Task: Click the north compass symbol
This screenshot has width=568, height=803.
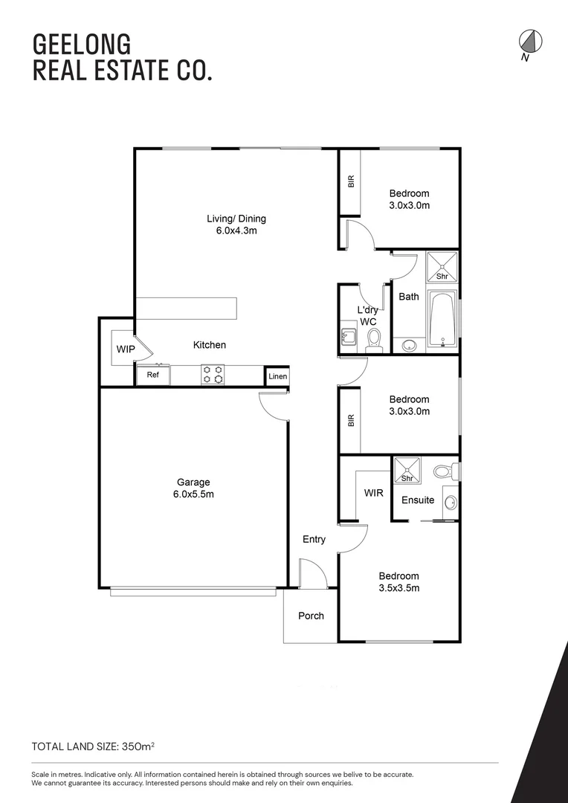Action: click(529, 42)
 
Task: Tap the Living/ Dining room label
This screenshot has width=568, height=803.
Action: click(236, 225)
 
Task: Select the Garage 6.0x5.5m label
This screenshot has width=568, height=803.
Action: click(193, 488)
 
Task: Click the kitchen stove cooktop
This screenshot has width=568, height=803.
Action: click(213, 375)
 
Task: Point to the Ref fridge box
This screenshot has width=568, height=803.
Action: click(152, 375)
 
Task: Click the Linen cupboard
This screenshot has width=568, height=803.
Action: click(277, 377)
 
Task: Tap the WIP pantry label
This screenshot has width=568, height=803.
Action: click(124, 349)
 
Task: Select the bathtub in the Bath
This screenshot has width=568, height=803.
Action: click(442, 321)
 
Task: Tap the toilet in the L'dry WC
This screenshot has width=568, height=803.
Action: click(374, 340)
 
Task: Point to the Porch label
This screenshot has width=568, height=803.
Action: click(311, 616)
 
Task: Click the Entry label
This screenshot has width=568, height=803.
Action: click(314, 539)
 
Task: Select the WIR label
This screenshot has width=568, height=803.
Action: click(374, 493)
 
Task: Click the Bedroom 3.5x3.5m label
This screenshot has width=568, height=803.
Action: click(398, 581)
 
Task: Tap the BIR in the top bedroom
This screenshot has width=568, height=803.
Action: click(351, 181)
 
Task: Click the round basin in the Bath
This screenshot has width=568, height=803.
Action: click(408, 345)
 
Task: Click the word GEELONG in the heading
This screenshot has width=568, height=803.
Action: click(71, 44)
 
